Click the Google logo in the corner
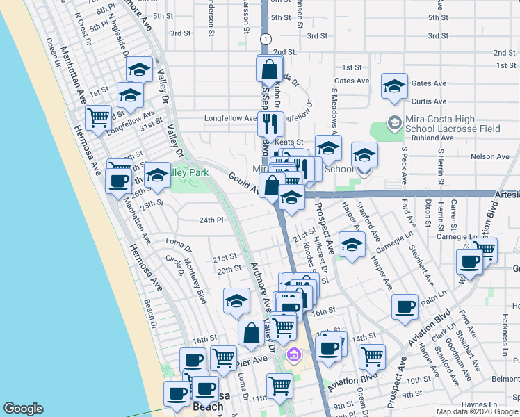click(x=23, y=409)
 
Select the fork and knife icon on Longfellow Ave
click(x=269, y=123)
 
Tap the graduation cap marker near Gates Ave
click(x=394, y=86)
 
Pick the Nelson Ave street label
click(x=485, y=157)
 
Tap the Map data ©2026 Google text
click(x=476, y=411)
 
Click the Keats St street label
click(x=290, y=142)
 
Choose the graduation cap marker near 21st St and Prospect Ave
click(x=352, y=245)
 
